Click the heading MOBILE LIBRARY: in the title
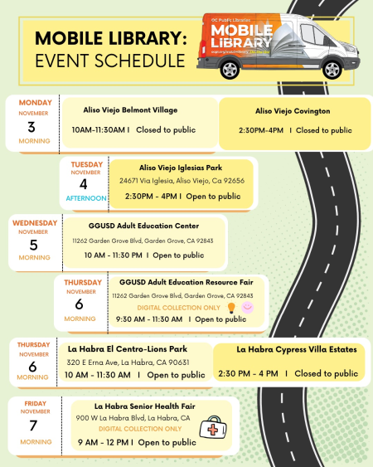pyautogui.click(x=110, y=38)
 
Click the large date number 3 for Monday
pyautogui.click(x=31, y=126)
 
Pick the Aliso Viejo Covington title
pyautogui.click(x=293, y=110)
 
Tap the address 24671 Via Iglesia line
pyautogui.click(x=182, y=180)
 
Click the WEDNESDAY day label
pyautogui.click(x=35, y=223)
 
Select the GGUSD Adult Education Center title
pyautogui.click(x=143, y=226)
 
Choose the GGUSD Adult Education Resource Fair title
pyautogui.click(x=182, y=283)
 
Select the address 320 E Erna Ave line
pyautogui.click(x=128, y=362)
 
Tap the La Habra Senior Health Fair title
pyautogui.click(x=144, y=406)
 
